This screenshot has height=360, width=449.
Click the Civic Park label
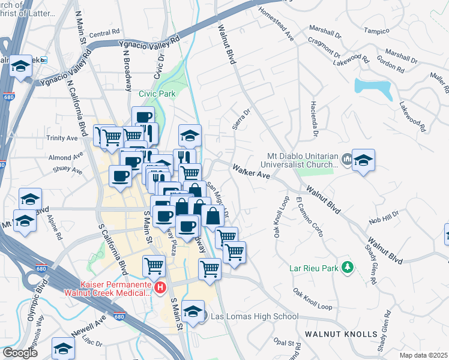157,94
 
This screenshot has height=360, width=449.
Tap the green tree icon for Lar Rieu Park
347,265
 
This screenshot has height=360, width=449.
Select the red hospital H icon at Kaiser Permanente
160,288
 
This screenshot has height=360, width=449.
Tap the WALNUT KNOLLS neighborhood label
341,334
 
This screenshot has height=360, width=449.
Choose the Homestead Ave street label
276,24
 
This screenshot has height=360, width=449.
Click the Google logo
20,352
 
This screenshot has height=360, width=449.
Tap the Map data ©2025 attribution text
424,355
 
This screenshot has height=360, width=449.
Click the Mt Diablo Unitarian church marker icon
347,159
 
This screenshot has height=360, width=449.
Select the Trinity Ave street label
62,138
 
